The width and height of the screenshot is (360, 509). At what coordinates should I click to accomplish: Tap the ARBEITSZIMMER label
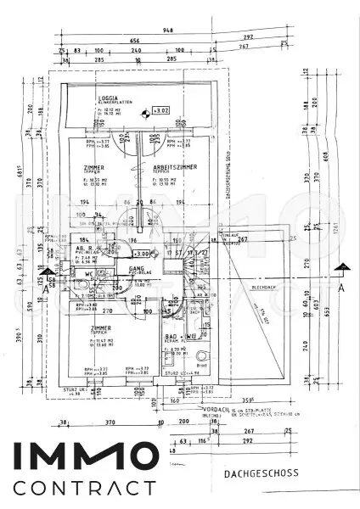coord(175,168)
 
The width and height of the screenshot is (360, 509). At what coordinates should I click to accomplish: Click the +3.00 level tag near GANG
coord(142,253)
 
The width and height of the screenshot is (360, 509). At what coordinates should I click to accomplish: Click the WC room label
coord(87,275)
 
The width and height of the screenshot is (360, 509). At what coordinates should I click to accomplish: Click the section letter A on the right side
coord(340,288)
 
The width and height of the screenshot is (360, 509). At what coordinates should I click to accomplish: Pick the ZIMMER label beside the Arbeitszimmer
coord(94,168)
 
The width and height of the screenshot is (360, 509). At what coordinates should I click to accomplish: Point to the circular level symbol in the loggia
coord(147,110)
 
